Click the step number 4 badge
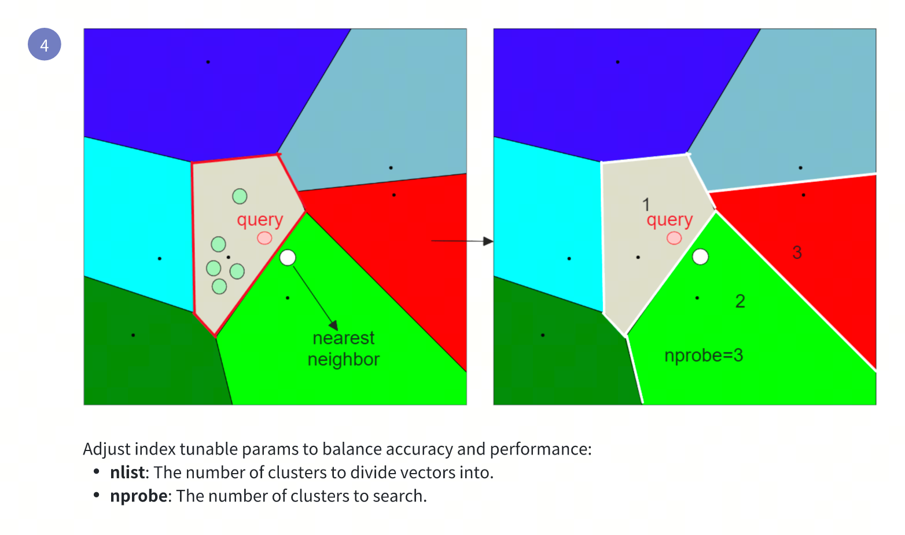[45, 45]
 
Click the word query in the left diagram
[260, 220]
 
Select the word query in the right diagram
[669, 220]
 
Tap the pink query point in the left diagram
[264, 238]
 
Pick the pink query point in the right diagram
[674, 238]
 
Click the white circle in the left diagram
[288, 258]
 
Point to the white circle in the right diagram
[700, 256]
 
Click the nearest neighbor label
[344, 349]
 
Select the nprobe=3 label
[703, 356]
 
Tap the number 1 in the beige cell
[646, 204]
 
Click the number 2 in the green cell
[740, 301]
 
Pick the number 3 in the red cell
[797, 252]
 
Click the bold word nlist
[127, 472]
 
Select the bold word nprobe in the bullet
[139, 496]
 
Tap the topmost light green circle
[240, 196]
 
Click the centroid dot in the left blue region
[208, 62]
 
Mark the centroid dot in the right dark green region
[543, 335]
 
